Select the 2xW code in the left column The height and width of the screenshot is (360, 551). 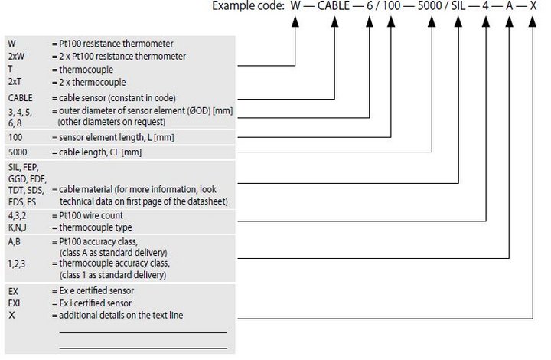click(16, 56)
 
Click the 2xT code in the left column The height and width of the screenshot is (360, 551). click(15, 82)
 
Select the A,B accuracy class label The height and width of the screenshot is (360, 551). click(14, 241)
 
